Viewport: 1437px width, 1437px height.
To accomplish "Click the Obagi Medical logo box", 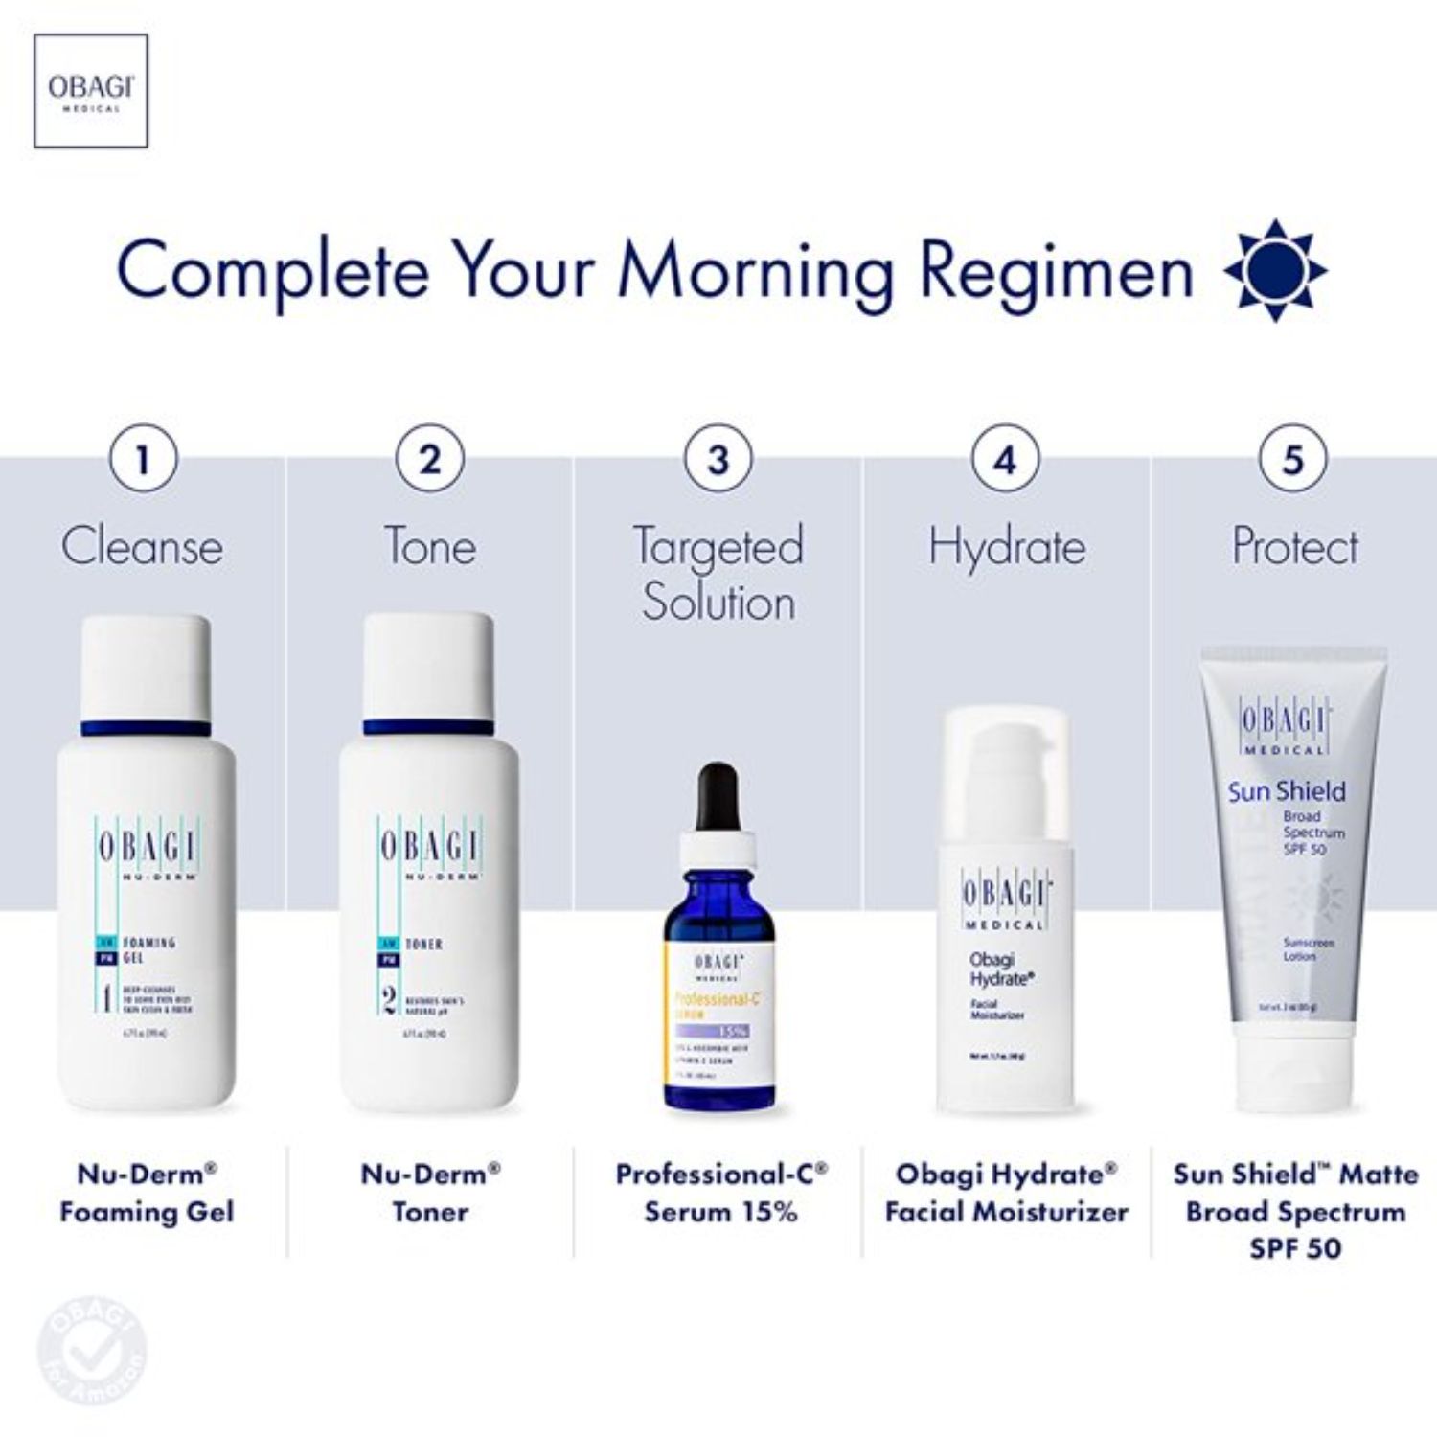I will point(91,91).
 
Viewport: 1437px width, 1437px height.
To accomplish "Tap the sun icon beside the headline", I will point(1275,270).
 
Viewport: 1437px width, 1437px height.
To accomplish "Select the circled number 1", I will point(144,459).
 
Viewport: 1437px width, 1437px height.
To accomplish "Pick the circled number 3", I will point(718,459).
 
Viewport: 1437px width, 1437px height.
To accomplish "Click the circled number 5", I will point(1293,459).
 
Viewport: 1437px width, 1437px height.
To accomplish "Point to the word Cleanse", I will point(143,547).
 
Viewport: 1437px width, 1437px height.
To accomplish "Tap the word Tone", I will point(430,547).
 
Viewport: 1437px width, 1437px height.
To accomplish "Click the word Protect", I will point(1294,547).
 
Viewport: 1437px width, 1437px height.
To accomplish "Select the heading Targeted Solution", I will point(718,574).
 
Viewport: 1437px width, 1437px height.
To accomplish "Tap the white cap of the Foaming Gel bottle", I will point(146,667).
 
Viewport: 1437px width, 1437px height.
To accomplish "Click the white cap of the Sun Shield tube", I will point(1294,1078).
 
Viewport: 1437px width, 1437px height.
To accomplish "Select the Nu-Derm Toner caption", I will point(430,1193).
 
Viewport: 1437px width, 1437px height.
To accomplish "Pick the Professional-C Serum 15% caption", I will point(720,1193).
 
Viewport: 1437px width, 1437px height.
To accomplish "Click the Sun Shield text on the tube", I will point(1287,791).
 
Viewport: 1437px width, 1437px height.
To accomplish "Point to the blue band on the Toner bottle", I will point(429,727).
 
